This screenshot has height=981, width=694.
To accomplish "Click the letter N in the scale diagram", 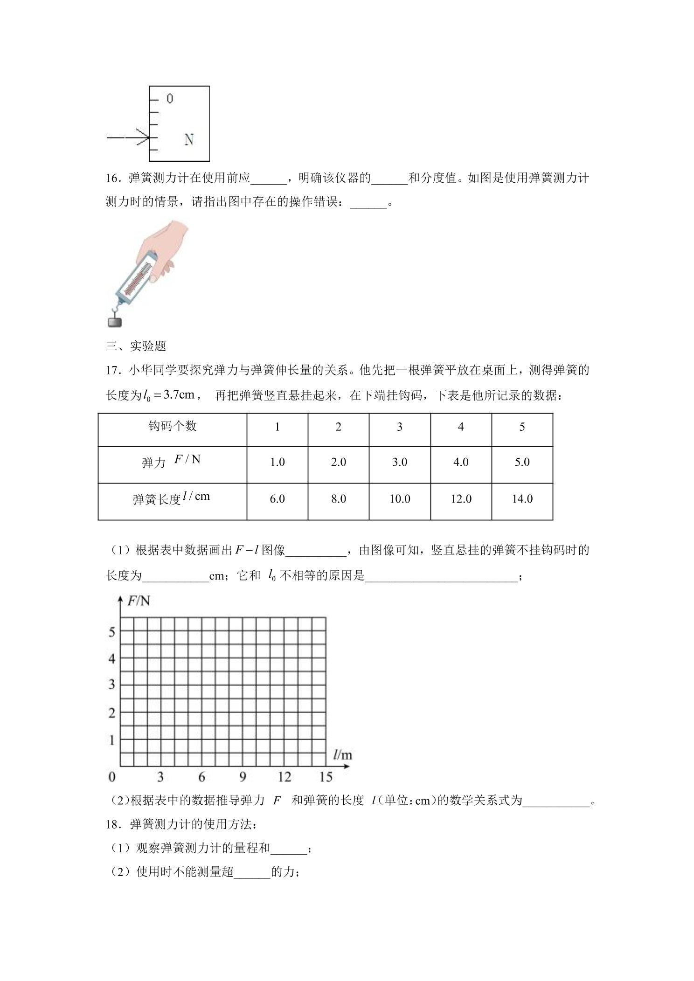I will pos(189,139).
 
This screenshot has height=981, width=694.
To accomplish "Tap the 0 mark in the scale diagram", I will pos(170,99).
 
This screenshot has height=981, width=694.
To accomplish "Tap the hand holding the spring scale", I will pos(166,247).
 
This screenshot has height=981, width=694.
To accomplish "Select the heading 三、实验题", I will pos(136,346).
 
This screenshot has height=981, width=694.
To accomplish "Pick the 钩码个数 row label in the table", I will pos(173,426).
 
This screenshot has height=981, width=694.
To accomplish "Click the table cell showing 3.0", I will pos(400,462).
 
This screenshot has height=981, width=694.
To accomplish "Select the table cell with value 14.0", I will pos(522,499).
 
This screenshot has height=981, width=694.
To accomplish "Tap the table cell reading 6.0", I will pos(277,499).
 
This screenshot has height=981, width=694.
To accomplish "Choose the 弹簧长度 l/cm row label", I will pos(172,498).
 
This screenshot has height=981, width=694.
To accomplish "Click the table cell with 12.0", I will pos(461,499).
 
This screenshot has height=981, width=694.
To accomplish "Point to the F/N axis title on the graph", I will pos(139,601).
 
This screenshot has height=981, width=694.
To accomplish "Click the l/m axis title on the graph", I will pos(342,754).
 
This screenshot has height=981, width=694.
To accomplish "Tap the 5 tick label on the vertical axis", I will pos(111,632).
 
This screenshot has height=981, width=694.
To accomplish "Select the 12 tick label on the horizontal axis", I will pos(284,777).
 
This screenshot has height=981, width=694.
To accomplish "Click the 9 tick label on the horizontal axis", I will pos(243,777).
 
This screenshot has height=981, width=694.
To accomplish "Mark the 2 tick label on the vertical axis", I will pos(111,713).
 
